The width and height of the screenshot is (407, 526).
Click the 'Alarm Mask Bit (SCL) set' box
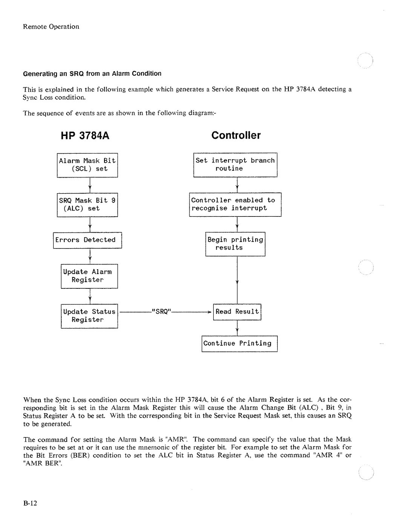pos(87,165)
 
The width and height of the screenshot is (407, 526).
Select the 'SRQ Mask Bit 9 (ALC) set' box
pos(87,204)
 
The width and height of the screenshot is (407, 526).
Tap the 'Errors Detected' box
pos(87,240)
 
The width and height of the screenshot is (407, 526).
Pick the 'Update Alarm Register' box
pos(89,276)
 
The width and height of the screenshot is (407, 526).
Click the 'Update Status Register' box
pos(89,316)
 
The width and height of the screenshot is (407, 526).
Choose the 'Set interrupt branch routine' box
pos(235,165)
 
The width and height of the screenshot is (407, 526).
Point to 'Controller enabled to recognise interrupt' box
pos(235,204)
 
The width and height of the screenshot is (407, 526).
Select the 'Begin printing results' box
pos(235,244)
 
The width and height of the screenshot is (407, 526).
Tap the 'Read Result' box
pos(237,312)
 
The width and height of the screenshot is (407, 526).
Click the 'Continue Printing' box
pos(239,343)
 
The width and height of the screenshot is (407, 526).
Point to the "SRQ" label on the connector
pos(162,312)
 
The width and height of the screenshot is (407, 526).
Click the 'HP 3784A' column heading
pos(85,136)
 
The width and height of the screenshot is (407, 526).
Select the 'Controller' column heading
pos(236,136)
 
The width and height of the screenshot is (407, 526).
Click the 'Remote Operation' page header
pos(51,27)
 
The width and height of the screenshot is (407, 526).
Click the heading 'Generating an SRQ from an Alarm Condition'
pos(92,73)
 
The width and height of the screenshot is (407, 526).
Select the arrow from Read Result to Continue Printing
pos(237,328)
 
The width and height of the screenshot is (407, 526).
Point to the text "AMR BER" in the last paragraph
pos(42,463)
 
